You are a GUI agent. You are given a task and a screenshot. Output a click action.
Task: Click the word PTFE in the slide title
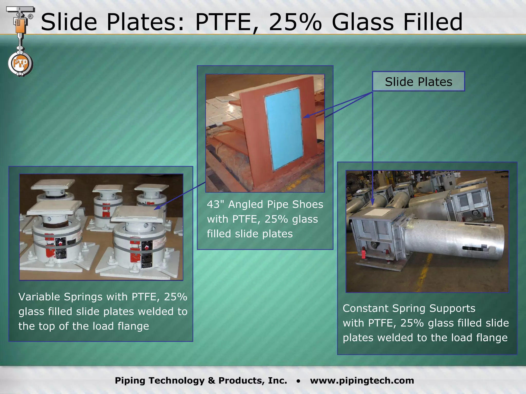pos(223,22)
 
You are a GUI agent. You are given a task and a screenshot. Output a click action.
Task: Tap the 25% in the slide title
pos(295,22)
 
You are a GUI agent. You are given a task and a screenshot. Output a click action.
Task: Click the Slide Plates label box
pos(418,82)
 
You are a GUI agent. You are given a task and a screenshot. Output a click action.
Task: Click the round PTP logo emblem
pos(20,64)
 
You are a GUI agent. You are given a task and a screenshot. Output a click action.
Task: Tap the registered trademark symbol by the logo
pos(30,17)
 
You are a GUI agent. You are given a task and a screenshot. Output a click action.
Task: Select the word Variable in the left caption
pos(39,297)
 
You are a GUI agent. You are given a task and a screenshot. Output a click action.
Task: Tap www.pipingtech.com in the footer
pos(362,380)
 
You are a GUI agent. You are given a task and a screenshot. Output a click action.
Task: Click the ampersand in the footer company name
pos(212,380)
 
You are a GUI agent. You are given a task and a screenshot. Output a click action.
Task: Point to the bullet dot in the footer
pos(298,381)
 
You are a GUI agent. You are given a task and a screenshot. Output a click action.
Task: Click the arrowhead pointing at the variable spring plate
pos(156,208)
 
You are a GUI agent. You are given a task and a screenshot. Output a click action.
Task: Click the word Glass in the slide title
pos(362,22)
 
